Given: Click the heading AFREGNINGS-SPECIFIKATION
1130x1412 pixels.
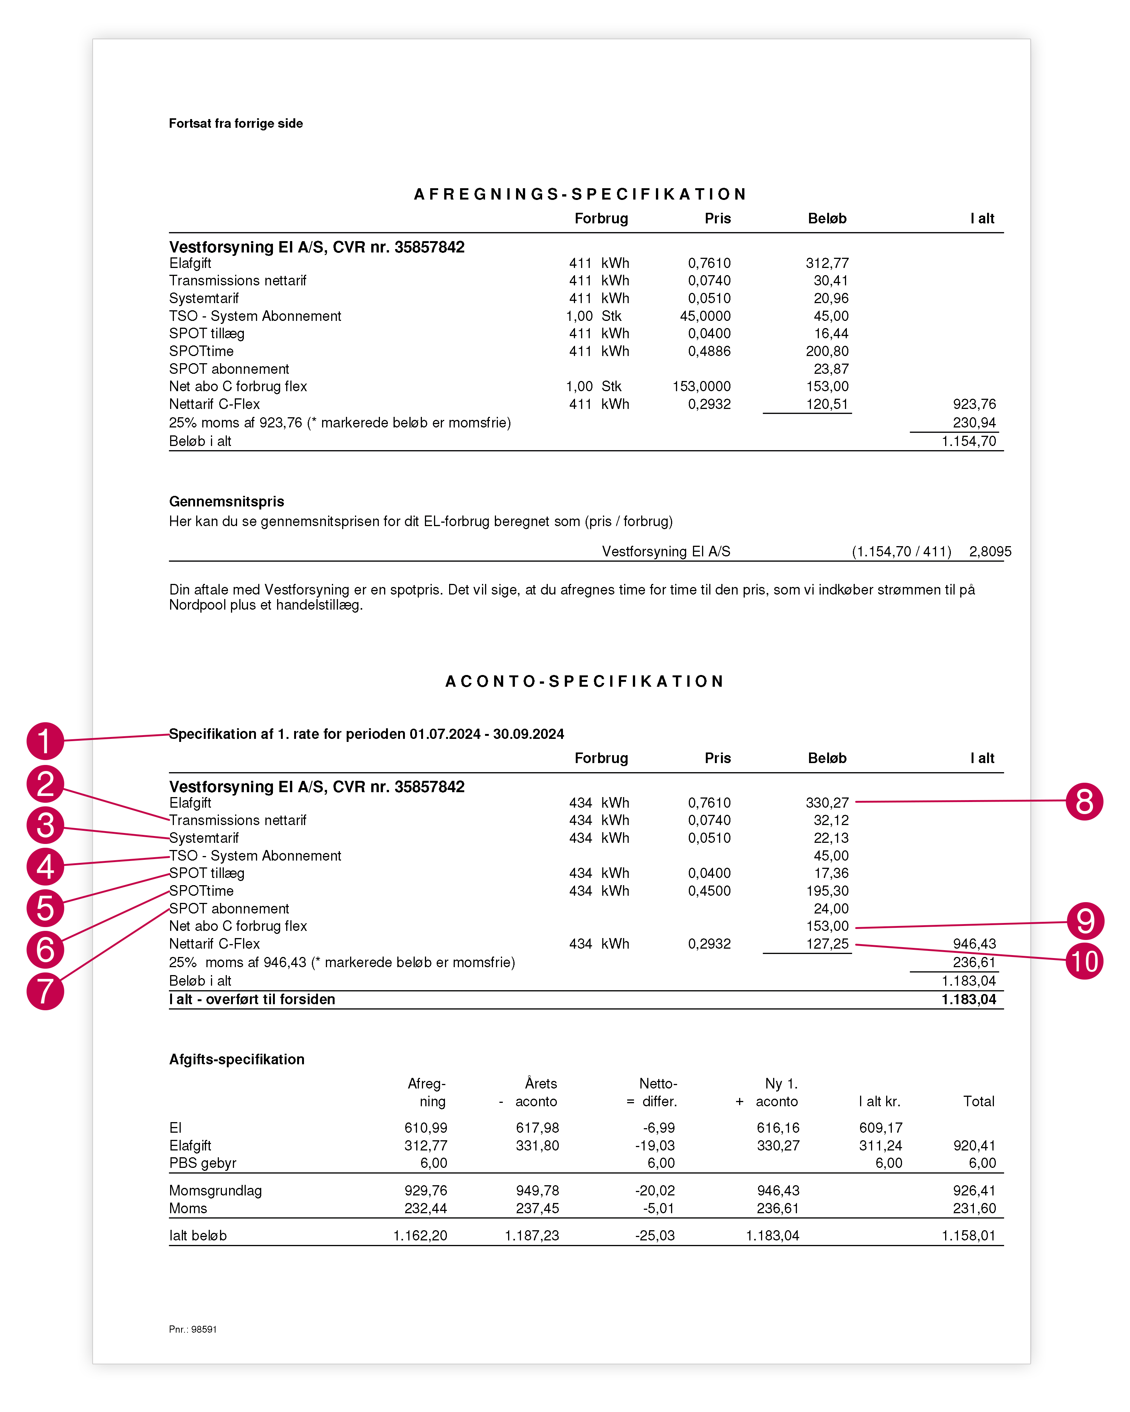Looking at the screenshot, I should pyautogui.click(x=580, y=195).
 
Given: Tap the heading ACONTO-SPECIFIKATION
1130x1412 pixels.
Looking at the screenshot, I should pyautogui.click(x=584, y=682).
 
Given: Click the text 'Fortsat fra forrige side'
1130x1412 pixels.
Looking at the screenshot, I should pyautogui.click(x=236, y=124).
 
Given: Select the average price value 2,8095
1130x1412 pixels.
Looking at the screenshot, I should pyautogui.click(x=990, y=551).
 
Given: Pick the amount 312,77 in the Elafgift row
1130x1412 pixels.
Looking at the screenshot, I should pyautogui.click(x=827, y=263).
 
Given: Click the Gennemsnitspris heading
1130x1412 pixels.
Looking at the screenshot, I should pyautogui.click(x=227, y=502).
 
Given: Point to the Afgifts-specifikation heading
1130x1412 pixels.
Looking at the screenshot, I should pyautogui.click(x=237, y=1060).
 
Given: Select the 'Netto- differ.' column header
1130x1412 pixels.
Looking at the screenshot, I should pyautogui.click(x=658, y=1092).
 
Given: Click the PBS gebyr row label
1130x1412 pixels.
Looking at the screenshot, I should pyautogui.click(x=202, y=1163).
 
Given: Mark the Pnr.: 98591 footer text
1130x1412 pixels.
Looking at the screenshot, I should pyautogui.click(x=192, y=1330).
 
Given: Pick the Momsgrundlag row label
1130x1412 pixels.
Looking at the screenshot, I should pyautogui.click(x=215, y=1191).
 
